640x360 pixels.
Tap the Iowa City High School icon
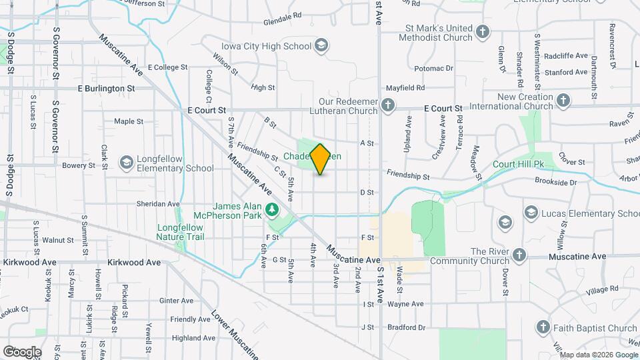click(321, 46)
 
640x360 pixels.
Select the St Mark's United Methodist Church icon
click(483, 31)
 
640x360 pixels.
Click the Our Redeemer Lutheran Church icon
click(387, 105)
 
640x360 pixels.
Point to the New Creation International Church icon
click(563, 101)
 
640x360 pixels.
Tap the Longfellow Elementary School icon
click(126, 163)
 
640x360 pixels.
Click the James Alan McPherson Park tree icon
click(271, 210)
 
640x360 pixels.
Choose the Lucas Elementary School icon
click(531, 213)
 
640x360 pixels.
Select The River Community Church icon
click(519, 255)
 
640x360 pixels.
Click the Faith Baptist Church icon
click(543, 327)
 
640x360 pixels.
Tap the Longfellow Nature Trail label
click(180, 232)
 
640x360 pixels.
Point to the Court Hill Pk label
click(519, 164)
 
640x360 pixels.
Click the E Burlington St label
click(106, 88)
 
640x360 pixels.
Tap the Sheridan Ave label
click(158, 204)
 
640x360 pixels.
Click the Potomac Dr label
click(433, 68)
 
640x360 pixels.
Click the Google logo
click(21, 351)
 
